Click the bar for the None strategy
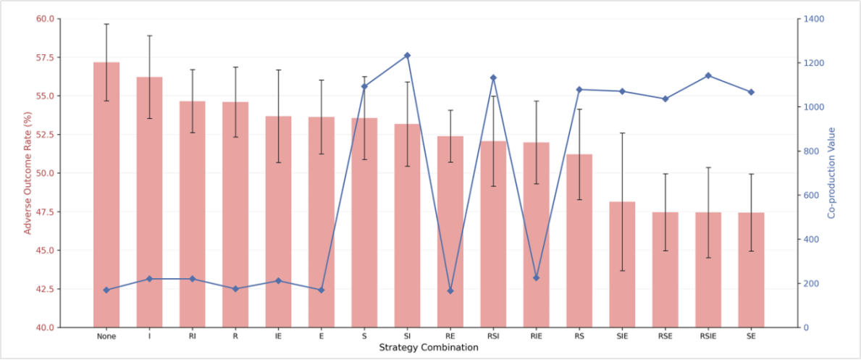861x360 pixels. click(106, 195)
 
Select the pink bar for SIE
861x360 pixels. click(622, 264)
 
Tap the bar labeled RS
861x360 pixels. click(579, 240)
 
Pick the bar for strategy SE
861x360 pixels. click(751, 270)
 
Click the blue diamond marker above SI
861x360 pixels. click(408, 56)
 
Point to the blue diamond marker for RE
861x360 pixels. click(450, 290)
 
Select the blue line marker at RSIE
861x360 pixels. click(708, 75)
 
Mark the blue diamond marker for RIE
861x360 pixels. click(537, 278)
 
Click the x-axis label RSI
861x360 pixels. click(493, 336)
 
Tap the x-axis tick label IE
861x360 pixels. click(278, 336)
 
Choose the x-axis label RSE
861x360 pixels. click(665, 336)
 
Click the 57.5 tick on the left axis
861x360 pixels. click(44, 57)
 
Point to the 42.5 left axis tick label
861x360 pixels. click(44, 289)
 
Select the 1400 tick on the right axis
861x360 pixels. click(814, 19)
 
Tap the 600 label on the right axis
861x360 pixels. click(812, 196)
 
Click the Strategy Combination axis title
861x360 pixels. click(428, 348)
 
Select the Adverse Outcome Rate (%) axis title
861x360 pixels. click(28, 173)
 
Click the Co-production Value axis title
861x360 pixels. click(832, 173)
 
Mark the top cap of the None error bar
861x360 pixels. click(106, 24)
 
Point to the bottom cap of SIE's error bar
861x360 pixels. click(622, 271)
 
